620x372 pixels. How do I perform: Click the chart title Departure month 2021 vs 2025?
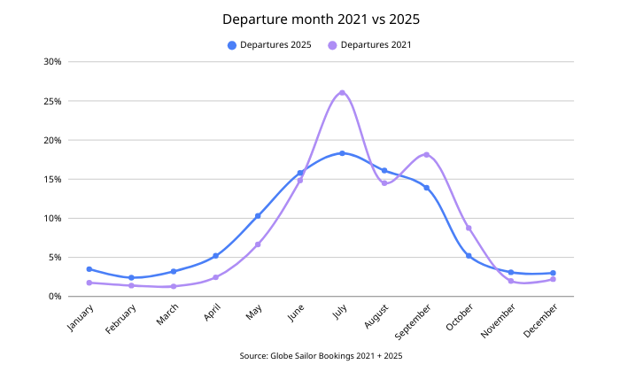click(x=309, y=18)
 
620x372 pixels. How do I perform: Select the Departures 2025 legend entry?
click(x=270, y=44)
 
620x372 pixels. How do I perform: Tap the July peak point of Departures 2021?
click(x=342, y=93)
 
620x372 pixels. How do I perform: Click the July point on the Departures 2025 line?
click(x=342, y=153)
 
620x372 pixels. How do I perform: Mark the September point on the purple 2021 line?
click(x=426, y=155)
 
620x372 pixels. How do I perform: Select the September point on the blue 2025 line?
click(x=426, y=188)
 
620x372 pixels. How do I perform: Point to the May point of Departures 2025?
click(x=258, y=216)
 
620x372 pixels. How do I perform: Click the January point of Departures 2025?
click(x=89, y=269)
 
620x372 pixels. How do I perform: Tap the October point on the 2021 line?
click(x=469, y=229)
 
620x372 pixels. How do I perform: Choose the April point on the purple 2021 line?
click(x=215, y=277)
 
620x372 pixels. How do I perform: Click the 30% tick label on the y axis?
click(x=50, y=62)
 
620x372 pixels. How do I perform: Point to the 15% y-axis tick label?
click(x=50, y=179)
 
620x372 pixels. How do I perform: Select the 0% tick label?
click(x=53, y=296)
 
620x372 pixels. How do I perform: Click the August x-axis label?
click(x=373, y=319)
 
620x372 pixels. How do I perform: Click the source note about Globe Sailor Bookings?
click(x=309, y=355)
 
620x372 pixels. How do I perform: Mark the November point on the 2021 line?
click(x=511, y=282)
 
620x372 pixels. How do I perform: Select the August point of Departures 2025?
click(x=384, y=171)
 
